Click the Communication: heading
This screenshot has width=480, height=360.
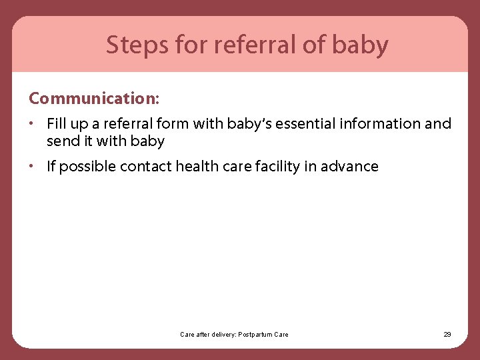click(94, 98)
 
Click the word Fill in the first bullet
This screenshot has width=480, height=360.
click(56, 124)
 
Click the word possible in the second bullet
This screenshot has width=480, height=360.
click(87, 167)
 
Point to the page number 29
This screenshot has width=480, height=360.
click(447, 334)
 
